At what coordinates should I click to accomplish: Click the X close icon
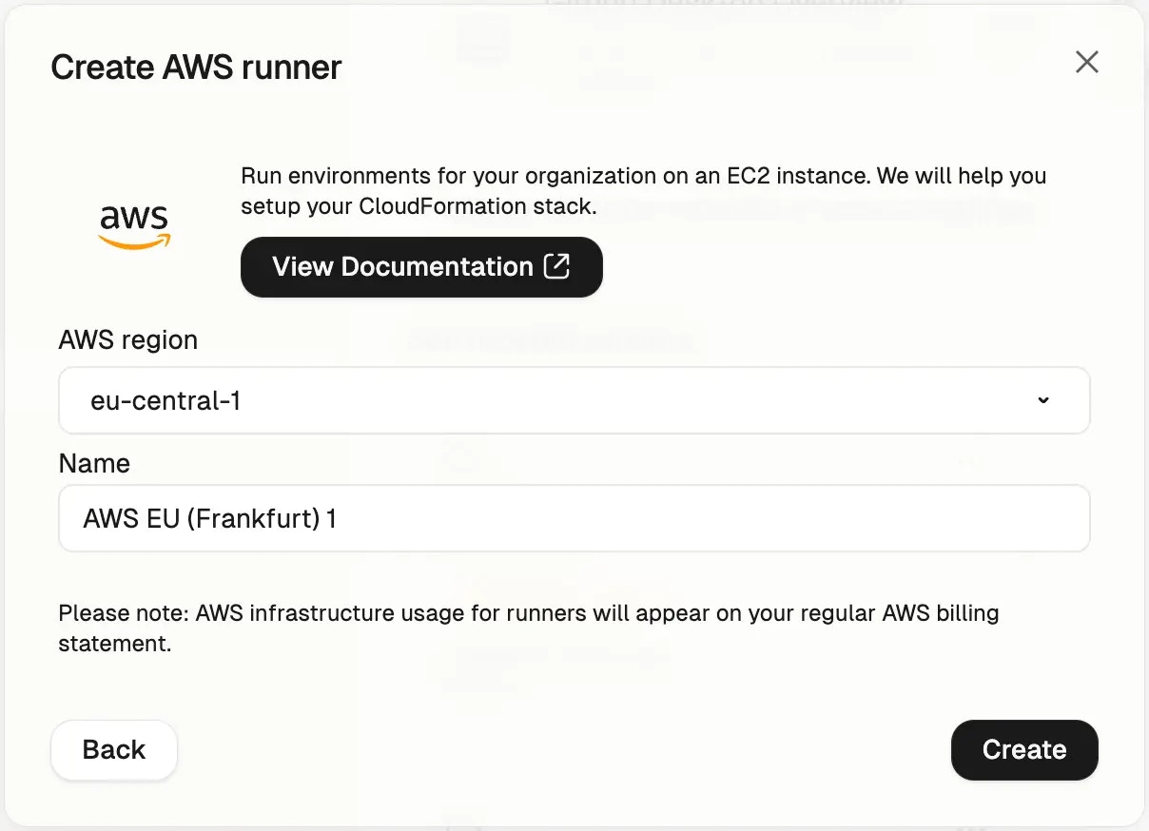click(x=1086, y=62)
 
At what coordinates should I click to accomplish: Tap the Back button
click(x=114, y=749)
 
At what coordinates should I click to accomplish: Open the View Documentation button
click(x=421, y=266)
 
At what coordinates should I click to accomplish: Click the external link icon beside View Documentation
click(x=556, y=266)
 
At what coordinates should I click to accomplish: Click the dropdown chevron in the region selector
click(x=1043, y=400)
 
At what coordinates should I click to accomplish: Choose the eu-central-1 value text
click(x=166, y=400)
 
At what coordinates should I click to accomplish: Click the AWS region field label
click(x=128, y=339)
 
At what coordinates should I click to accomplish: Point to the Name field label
click(x=94, y=463)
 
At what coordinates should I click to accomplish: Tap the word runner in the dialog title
click(x=292, y=68)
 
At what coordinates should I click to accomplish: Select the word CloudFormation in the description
click(x=442, y=206)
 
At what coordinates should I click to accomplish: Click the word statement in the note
click(x=115, y=644)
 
